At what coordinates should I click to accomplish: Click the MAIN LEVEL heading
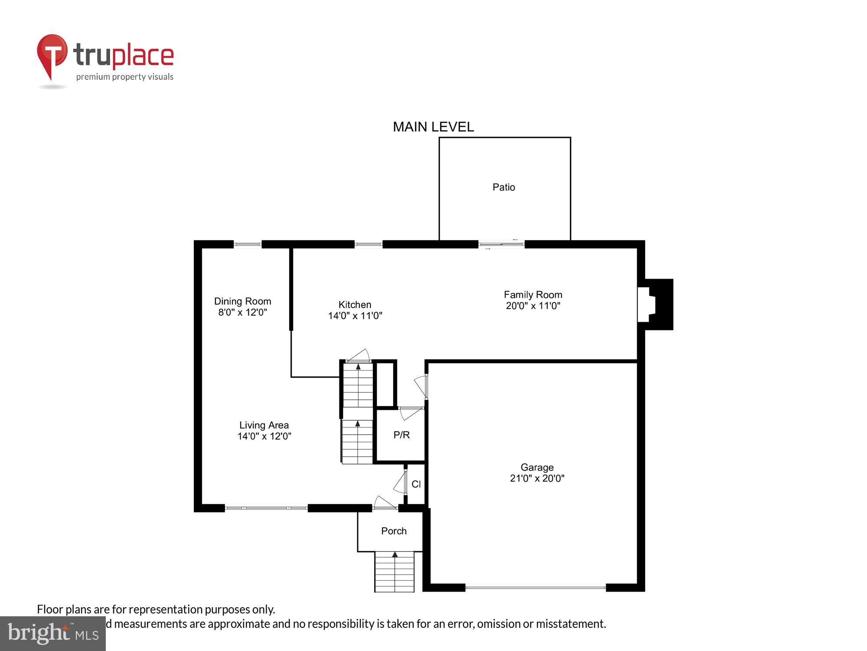coord(433,127)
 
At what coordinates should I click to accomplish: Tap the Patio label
coord(504,187)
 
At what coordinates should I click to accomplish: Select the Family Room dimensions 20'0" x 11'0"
coord(533,306)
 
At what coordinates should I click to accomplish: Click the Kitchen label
coord(355,304)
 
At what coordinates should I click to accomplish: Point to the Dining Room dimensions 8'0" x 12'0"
coord(242,312)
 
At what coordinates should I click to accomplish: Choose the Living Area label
coord(264,425)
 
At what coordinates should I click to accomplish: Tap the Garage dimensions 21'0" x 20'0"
coord(537,478)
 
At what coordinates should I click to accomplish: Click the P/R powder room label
coord(401,435)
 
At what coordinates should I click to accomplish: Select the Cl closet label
coord(416,484)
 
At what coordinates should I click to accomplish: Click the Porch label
coord(394,531)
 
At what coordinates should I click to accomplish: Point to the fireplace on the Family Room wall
coord(655,304)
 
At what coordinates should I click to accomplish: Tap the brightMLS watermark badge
coord(52,633)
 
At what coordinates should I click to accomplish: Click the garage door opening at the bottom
coord(535,588)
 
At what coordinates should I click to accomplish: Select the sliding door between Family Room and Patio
coord(502,244)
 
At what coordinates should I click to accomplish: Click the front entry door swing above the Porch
coord(385,503)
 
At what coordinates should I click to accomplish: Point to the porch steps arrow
coord(394,555)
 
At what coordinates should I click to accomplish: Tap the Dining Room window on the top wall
coord(248,244)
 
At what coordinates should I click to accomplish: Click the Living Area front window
coord(266,508)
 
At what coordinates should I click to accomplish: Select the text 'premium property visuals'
coord(125,77)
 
